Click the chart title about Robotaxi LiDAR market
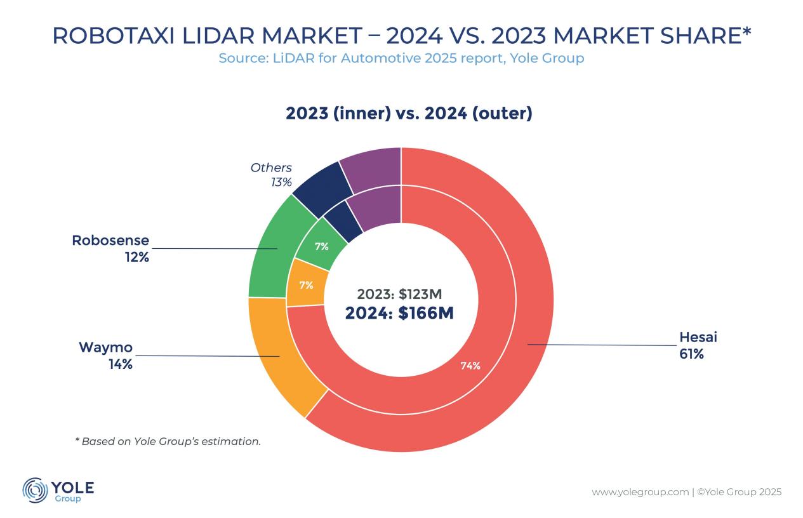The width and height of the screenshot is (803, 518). click(x=401, y=36)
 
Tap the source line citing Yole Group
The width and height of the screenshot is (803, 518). click(x=401, y=58)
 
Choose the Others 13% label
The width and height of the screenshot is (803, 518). click(x=271, y=175)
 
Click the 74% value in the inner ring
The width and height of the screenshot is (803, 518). click(x=470, y=366)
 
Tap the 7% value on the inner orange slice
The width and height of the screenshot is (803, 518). click(x=306, y=285)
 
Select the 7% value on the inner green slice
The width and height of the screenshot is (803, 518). click(x=322, y=247)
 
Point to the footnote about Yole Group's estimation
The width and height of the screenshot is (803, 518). click(x=168, y=441)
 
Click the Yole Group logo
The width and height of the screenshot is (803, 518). click(x=58, y=491)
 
